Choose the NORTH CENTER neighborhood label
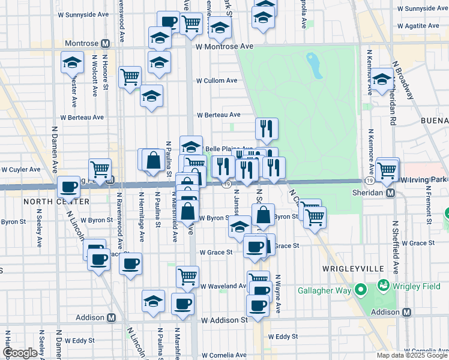(48, 202)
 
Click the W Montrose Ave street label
(233, 46)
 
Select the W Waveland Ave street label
(223, 286)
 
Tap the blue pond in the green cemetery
(314, 65)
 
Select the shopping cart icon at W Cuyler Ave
(100, 169)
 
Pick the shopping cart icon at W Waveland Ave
(187, 277)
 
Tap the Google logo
(20, 353)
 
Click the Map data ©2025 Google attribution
(412, 355)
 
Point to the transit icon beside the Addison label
(407, 313)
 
